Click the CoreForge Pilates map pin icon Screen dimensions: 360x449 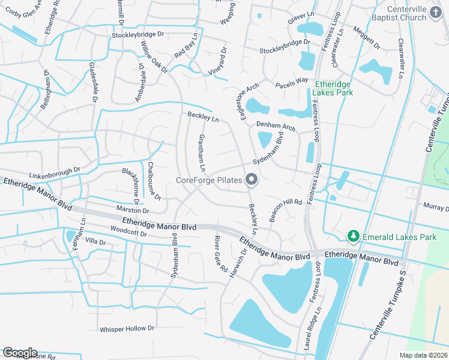click(252, 180)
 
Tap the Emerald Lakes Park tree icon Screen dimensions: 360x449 click(354, 237)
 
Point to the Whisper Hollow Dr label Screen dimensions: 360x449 click(127, 329)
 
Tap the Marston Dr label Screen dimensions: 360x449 click(133, 211)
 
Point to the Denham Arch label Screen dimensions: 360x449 click(276, 127)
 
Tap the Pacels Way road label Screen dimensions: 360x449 click(292, 80)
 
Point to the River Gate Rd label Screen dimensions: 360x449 click(220, 254)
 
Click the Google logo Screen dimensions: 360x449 click(20, 353)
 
